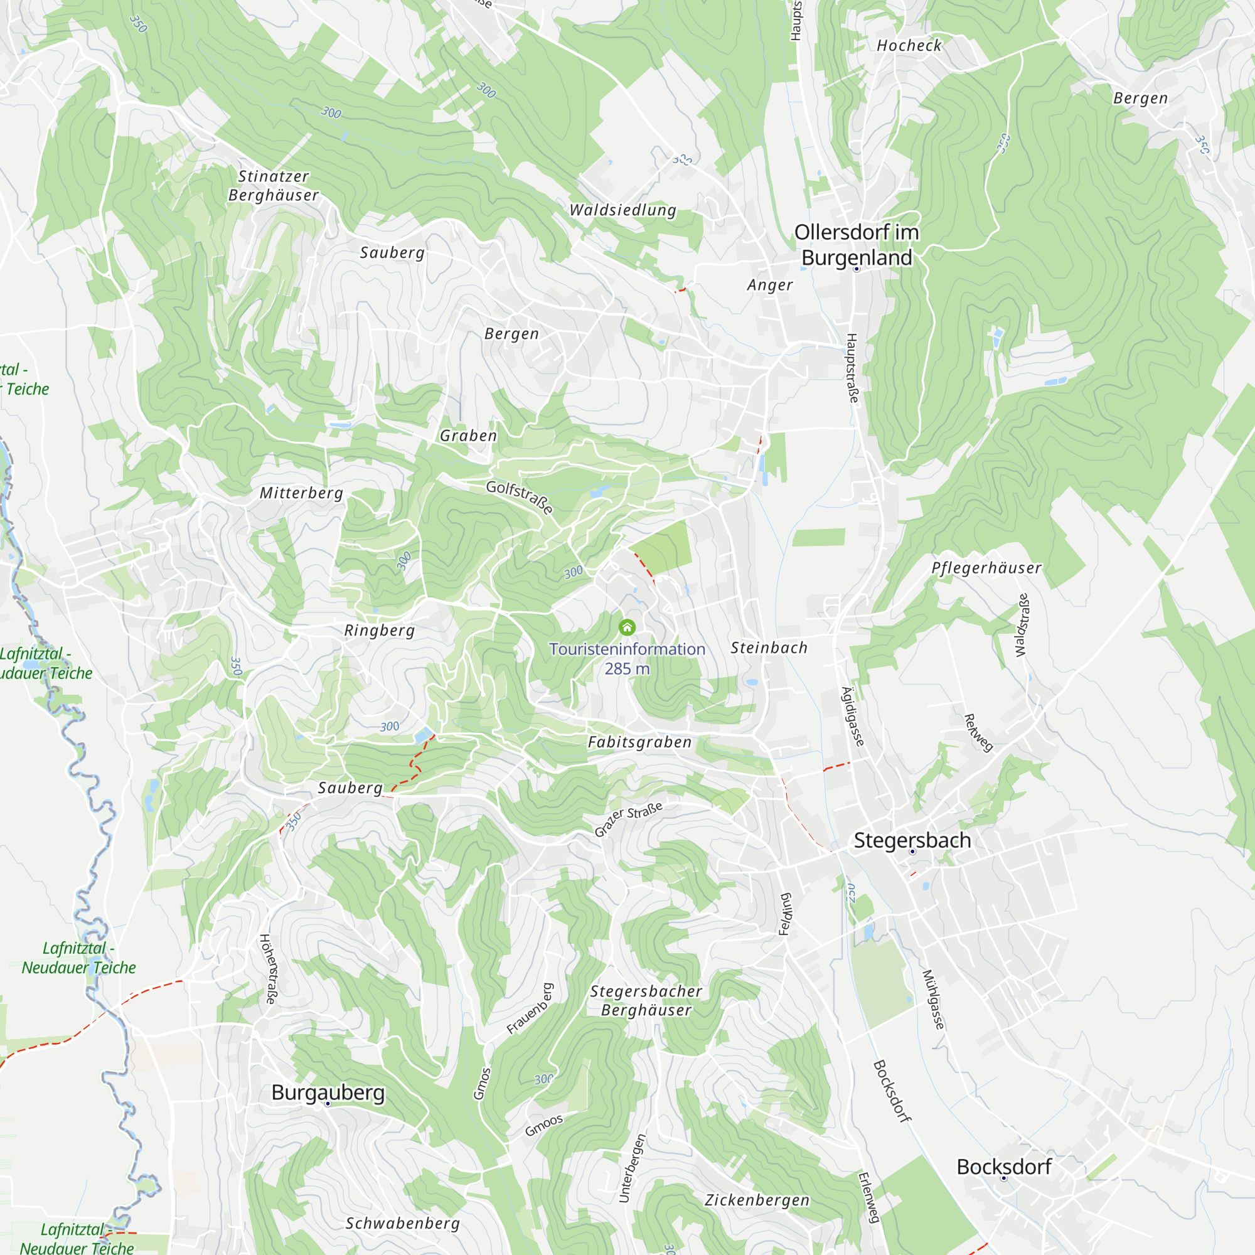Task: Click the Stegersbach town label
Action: pos(912,840)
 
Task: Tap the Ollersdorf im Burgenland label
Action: pos(856,245)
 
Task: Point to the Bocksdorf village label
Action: pos(1003,1167)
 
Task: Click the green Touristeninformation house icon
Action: pos(627,627)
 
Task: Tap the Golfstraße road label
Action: pos(520,497)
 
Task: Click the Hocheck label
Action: pos(909,45)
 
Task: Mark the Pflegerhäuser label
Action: pos(986,568)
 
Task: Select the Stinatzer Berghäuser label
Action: pos(274,186)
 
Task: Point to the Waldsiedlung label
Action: pos(623,210)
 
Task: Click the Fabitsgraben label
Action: pos(640,742)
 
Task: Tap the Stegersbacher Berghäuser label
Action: pos(646,1000)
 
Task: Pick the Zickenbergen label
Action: pos(757,1200)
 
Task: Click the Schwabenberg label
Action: pos(403,1223)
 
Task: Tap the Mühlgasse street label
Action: pos(934,999)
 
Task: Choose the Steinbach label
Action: pos(769,648)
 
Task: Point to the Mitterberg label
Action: pos(301,493)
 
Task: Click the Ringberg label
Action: pos(380,630)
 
